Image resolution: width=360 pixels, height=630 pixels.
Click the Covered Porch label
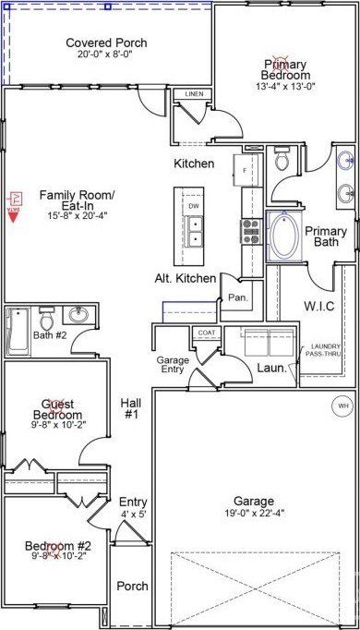coord(106,42)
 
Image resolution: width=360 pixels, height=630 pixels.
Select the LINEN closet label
coord(194,94)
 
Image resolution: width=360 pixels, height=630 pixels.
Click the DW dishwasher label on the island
coord(195,206)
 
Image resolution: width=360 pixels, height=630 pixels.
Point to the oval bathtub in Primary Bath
coord(283,236)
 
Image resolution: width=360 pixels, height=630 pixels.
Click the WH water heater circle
coord(342,406)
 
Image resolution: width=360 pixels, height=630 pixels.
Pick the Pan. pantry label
coord(236,298)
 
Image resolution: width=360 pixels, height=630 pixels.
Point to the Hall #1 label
coord(130,408)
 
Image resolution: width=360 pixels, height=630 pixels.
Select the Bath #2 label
coord(50,335)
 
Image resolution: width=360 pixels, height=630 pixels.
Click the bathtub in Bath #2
coord(18,332)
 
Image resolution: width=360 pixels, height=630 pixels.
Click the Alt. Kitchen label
coord(186,278)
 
